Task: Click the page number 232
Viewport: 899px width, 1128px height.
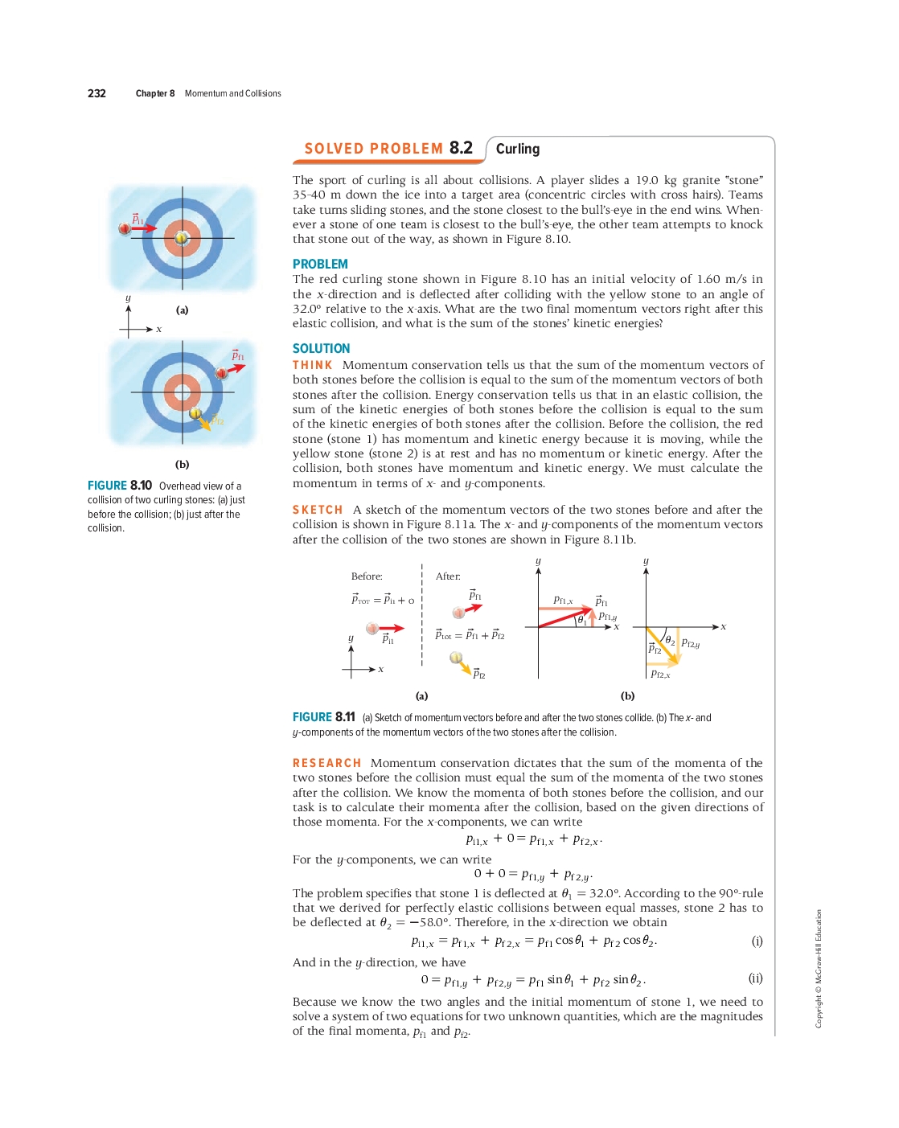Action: coord(96,93)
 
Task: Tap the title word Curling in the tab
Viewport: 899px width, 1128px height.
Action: coord(517,149)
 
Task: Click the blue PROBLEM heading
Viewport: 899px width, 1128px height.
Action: coord(320,264)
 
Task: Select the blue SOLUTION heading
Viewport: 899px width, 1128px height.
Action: coord(321,348)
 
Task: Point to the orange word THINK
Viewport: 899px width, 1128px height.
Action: coord(312,365)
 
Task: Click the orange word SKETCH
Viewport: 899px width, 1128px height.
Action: coord(317,510)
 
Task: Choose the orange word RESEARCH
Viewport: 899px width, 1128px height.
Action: coord(326,763)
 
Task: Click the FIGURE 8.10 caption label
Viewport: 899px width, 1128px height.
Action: coord(120,486)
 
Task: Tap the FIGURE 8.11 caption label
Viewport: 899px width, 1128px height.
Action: coord(323,717)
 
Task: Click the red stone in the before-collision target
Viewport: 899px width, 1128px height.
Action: coord(125,228)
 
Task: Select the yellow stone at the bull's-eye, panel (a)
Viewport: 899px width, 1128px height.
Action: coord(182,238)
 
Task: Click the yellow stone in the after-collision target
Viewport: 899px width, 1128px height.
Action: coord(195,412)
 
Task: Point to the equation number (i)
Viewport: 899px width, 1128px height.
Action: coord(757,941)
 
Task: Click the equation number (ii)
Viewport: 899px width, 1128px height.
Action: coord(755,978)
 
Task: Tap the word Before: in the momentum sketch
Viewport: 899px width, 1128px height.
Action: coord(367,576)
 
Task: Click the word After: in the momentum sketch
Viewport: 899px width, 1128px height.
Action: coord(448,576)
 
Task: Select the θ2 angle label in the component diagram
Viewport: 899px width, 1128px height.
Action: coord(670,641)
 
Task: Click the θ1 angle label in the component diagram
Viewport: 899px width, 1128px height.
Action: coord(582,620)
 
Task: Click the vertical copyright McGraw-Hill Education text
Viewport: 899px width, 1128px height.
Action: coord(819,968)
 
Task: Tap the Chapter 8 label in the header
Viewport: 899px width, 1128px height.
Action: coord(154,93)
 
